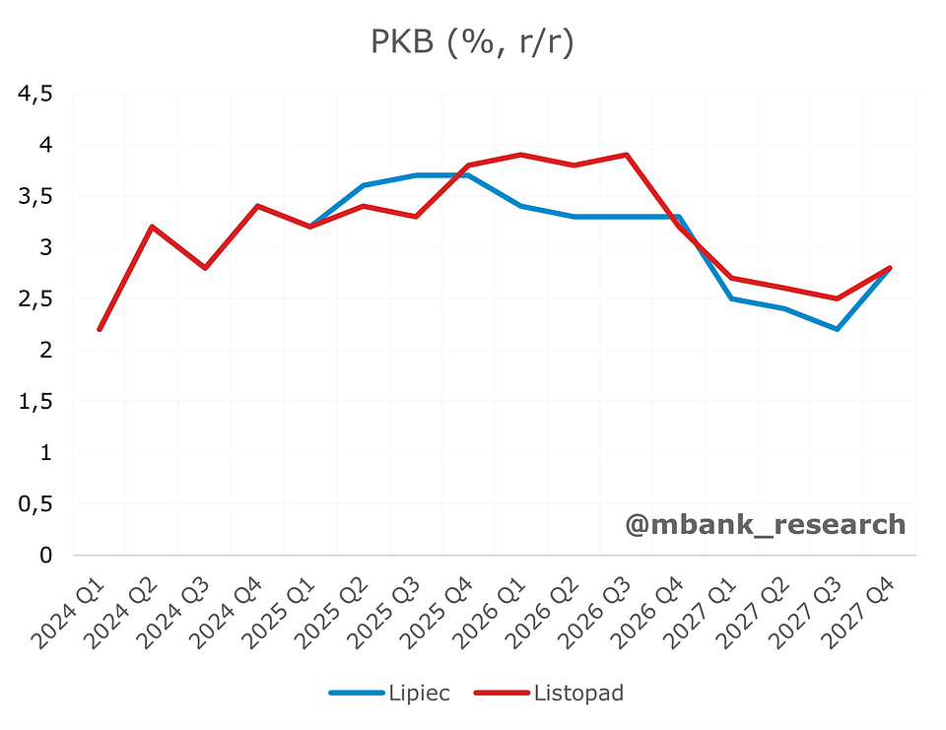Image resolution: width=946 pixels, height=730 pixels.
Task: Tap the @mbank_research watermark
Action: [x=765, y=524]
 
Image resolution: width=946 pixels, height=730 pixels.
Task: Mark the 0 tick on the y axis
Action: [x=45, y=556]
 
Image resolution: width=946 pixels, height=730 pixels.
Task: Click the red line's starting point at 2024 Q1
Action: [x=100, y=329]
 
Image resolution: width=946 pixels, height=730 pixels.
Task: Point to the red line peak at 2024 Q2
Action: [x=153, y=227]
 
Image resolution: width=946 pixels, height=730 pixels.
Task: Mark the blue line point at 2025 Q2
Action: [x=363, y=185]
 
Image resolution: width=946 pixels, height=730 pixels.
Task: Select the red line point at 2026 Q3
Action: [x=626, y=155]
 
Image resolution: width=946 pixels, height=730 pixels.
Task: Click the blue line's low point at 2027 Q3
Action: [x=837, y=329]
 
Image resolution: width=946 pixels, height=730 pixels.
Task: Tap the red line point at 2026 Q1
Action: [x=520, y=155]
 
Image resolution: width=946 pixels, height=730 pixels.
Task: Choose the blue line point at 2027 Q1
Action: [x=731, y=299]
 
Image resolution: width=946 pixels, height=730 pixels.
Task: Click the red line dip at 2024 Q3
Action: [x=205, y=268]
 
